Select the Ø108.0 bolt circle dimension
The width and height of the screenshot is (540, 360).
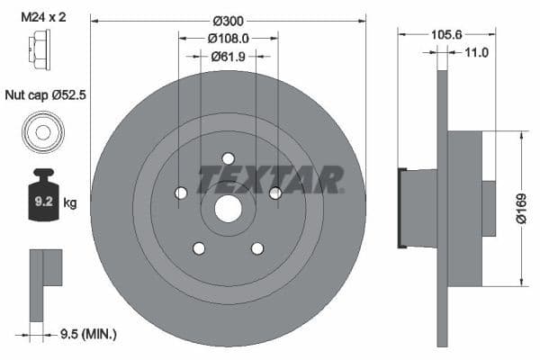[229, 39]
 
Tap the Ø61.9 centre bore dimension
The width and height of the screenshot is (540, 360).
[229, 56]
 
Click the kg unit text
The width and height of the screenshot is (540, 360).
[70, 203]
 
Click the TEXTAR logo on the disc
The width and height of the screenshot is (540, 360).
[270, 178]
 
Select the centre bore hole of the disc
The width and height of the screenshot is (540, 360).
[229, 209]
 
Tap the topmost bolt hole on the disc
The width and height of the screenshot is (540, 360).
[229, 158]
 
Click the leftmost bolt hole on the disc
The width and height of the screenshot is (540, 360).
[181, 193]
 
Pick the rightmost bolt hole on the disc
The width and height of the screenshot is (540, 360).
[275, 193]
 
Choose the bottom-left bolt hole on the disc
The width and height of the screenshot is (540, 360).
[199, 248]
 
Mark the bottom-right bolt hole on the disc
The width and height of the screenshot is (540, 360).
[257, 248]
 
